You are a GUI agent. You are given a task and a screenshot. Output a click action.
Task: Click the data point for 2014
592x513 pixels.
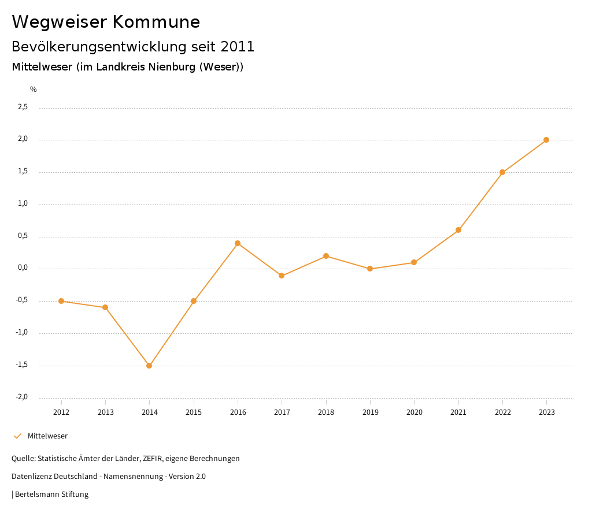click(149, 366)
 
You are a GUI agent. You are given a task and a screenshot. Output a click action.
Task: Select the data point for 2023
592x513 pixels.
click(546, 140)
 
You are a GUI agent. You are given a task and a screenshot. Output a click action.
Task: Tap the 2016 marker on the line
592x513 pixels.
click(238, 243)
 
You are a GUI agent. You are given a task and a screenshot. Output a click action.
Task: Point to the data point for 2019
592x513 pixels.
click(370, 269)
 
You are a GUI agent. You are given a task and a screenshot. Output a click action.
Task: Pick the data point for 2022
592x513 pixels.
click(502, 172)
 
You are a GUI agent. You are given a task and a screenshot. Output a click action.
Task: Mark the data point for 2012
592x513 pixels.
click(61, 301)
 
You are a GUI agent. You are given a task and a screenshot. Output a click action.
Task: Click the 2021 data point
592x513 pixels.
click(458, 230)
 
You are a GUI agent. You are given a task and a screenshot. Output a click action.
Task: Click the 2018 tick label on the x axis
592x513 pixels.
click(326, 412)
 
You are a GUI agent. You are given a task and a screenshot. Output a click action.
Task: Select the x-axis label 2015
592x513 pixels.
click(194, 412)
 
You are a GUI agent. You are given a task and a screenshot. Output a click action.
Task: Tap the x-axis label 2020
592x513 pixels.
click(415, 412)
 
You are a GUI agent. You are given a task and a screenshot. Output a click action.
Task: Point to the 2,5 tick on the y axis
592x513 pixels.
click(23, 107)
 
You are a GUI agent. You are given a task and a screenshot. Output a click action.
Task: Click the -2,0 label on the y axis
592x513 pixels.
click(21, 397)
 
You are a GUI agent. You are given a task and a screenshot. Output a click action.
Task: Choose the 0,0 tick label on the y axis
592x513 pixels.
click(23, 268)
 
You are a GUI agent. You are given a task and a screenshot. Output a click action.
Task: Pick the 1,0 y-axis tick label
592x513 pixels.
click(23, 203)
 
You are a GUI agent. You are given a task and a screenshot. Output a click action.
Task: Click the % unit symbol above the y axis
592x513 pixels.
click(34, 90)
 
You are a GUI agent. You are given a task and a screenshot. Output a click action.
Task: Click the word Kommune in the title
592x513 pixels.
click(157, 22)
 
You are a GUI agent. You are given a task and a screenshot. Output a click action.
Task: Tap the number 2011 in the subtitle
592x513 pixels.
click(238, 46)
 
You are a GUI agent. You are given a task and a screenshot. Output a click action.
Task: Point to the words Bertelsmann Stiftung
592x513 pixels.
click(51, 495)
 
